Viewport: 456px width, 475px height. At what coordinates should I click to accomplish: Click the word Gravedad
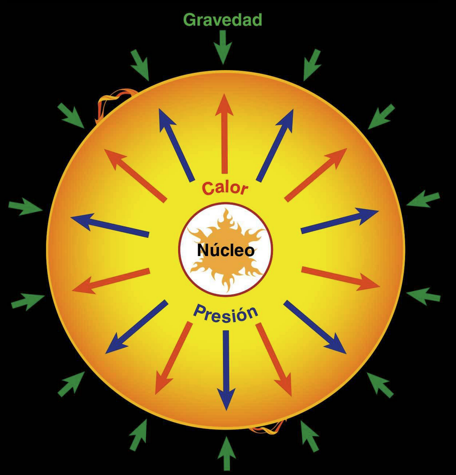(222, 20)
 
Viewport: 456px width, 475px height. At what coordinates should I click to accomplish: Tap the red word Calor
(225, 188)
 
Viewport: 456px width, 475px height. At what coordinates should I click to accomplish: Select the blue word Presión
(225, 313)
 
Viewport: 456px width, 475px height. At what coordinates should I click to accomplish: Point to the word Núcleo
(226, 250)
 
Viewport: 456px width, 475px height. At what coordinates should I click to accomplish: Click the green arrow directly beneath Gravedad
(223, 47)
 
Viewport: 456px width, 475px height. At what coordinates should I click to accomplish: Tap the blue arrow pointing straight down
(226, 370)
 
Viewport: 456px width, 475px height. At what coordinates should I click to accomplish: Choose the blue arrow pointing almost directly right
(339, 221)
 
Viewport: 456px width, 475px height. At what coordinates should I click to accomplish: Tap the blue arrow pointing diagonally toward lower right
(315, 327)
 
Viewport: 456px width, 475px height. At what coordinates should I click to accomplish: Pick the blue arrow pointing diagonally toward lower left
(137, 327)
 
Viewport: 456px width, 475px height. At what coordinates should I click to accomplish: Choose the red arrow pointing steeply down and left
(173, 358)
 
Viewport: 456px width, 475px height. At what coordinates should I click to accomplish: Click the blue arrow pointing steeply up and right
(275, 145)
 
